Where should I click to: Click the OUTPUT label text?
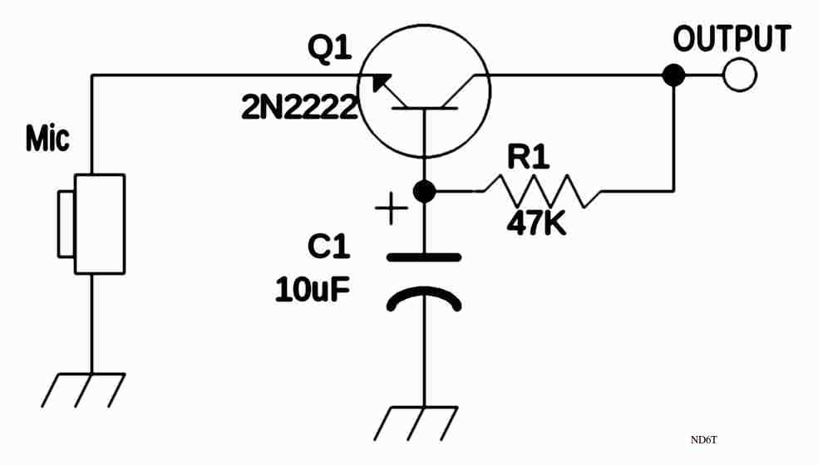(732, 38)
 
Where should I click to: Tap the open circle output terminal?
(739, 76)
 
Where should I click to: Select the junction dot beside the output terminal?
(673, 76)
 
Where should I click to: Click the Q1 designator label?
(329, 49)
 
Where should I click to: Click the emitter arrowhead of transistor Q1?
(379, 83)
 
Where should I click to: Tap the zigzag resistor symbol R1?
(542, 191)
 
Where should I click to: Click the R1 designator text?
(529, 157)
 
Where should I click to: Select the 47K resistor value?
(536, 223)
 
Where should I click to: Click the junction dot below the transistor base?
(424, 192)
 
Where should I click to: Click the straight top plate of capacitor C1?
(424, 257)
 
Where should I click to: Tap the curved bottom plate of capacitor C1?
(424, 297)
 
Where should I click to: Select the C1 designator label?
(329, 247)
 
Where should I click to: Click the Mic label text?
(47, 139)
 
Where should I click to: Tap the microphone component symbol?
(91, 223)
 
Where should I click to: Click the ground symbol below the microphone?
(83, 389)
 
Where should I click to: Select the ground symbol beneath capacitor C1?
(416, 423)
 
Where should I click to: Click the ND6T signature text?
(703, 439)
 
